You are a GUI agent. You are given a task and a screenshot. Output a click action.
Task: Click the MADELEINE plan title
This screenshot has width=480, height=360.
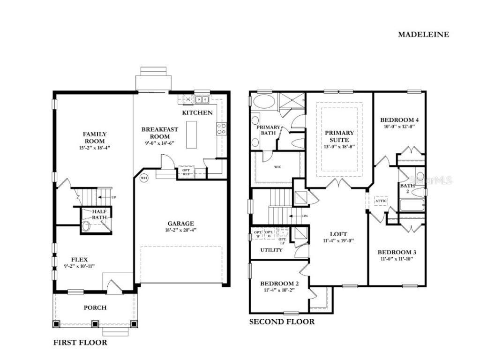[423, 34]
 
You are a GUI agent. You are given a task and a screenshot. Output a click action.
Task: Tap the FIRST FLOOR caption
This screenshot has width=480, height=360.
[80, 342]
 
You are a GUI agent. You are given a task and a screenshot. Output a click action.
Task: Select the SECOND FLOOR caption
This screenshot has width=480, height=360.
[282, 322]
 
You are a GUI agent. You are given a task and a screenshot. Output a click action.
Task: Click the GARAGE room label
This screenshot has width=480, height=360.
[181, 224]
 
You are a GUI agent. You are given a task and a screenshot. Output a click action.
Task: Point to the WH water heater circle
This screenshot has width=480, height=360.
[144, 178]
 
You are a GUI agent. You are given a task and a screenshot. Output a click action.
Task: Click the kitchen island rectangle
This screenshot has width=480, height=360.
[191, 135]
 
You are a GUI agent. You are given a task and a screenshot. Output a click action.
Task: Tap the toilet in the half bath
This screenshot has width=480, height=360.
[86, 226]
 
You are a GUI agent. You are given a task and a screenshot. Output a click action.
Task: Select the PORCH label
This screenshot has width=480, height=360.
[95, 307]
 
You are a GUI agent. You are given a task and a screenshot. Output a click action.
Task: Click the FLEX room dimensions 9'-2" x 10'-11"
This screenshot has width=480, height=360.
[79, 266]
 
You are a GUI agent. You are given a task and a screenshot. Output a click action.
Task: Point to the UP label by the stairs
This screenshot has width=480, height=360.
[113, 197]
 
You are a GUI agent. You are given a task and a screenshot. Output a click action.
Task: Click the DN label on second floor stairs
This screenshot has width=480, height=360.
[304, 216]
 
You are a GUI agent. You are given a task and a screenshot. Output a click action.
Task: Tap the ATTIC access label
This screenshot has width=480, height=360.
[381, 201]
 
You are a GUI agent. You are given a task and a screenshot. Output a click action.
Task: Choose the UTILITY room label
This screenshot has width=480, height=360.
[272, 250]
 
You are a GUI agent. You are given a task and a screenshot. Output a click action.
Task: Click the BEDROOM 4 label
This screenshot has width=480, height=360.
[399, 120]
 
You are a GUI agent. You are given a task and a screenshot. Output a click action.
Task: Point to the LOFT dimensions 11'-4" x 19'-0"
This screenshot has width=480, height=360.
[338, 241]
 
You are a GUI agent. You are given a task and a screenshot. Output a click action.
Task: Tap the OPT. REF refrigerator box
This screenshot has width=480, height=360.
[186, 172]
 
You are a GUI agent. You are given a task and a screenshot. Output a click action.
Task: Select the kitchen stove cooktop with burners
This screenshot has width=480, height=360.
[221, 128]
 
